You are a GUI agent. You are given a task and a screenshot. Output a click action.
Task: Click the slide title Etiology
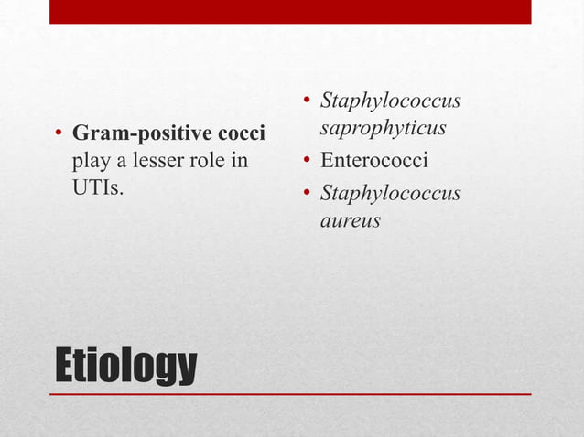click(125, 366)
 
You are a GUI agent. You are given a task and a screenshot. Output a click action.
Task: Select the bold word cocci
click(239, 135)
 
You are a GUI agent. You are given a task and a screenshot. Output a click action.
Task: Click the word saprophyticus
click(383, 128)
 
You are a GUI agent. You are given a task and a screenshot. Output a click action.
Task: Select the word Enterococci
click(374, 162)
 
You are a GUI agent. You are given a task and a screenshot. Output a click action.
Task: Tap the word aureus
click(350, 220)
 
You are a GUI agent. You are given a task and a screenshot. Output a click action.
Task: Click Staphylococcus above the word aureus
click(390, 194)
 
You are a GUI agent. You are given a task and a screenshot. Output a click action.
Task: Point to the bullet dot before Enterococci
click(307, 163)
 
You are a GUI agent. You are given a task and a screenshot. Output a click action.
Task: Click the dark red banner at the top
click(290, 12)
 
